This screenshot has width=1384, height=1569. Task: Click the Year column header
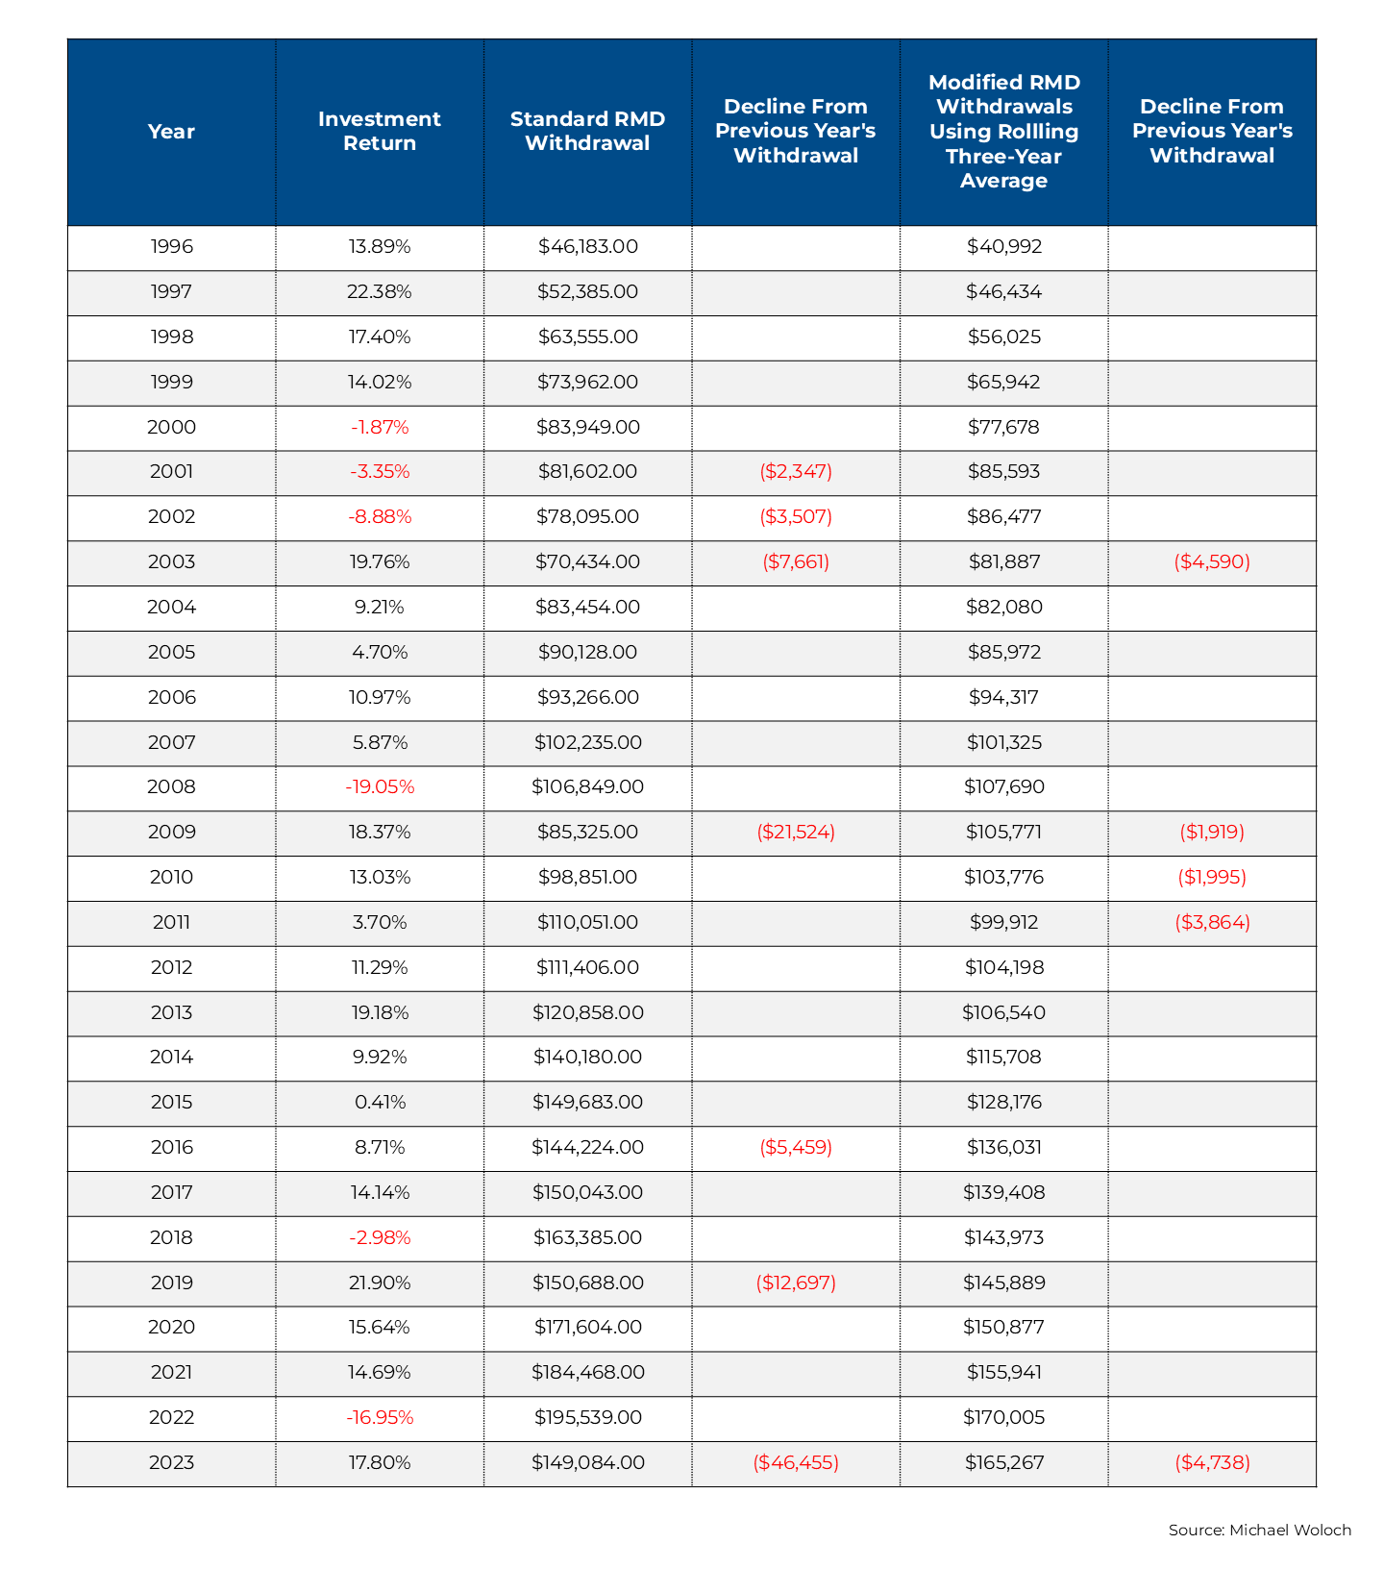(x=171, y=132)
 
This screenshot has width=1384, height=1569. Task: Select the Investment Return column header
(x=380, y=132)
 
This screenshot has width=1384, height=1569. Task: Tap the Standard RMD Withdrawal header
(x=587, y=132)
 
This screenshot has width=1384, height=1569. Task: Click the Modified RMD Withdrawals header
(x=1003, y=132)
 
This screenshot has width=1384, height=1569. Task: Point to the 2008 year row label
(x=171, y=787)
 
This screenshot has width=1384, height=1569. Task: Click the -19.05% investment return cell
(x=380, y=787)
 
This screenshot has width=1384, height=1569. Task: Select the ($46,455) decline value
(x=796, y=1463)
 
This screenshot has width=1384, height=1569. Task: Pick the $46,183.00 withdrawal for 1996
(x=587, y=247)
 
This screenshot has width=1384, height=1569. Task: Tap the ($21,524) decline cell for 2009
(x=796, y=833)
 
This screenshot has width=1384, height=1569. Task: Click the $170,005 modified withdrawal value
(x=1003, y=1418)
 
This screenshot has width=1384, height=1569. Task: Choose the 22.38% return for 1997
(x=380, y=292)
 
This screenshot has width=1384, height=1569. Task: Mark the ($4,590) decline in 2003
(x=1212, y=562)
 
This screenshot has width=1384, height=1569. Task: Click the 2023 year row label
(x=171, y=1463)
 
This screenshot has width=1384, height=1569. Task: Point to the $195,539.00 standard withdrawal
(x=587, y=1418)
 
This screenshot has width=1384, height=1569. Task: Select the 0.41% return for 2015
(x=380, y=1103)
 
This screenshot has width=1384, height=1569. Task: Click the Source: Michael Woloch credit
(x=1259, y=1531)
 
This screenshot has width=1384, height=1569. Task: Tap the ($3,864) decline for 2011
(x=1212, y=923)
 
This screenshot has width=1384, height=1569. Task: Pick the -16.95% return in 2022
(x=380, y=1418)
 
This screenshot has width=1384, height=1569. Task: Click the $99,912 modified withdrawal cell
(x=1003, y=923)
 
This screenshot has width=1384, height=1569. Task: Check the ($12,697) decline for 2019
(x=796, y=1283)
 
